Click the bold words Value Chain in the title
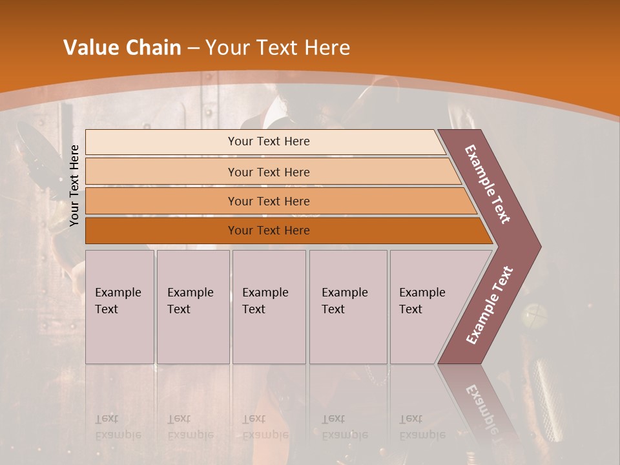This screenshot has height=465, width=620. click(122, 48)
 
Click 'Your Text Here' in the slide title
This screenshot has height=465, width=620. click(278, 48)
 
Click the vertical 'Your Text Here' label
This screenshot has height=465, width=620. click(75, 185)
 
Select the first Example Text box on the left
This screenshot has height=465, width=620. click(119, 306)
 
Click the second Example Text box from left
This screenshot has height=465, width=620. click(193, 306)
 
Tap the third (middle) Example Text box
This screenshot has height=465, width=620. click(269, 306)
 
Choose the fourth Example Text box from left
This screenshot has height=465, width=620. click(348, 306)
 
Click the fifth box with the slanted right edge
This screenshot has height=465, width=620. click(426, 306)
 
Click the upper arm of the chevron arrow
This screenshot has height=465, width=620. click(488, 185)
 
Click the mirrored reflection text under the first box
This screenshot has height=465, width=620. click(118, 427)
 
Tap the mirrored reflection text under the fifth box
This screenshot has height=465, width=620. click(422, 427)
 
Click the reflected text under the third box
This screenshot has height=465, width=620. click(265, 427)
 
